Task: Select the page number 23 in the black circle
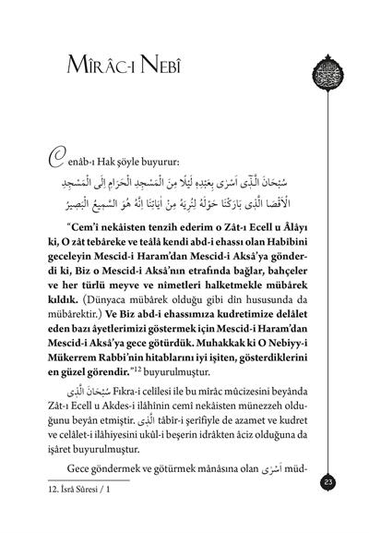[x=330, y=480]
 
